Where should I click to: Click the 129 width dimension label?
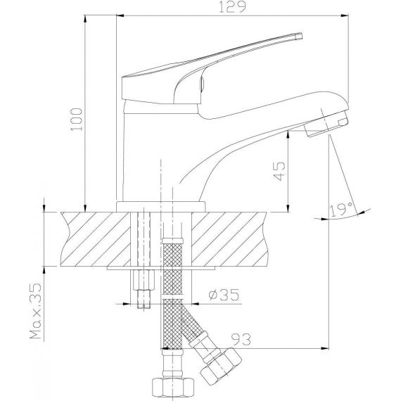(232, 7)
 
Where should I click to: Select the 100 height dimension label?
(77, 120)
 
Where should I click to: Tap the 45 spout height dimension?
(279, 171)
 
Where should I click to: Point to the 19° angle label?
(342, 210)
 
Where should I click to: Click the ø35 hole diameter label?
(224, 295)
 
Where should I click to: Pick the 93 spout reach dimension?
(241, 339)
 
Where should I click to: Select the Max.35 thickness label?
(36, 311)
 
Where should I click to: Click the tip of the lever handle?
(300, 36)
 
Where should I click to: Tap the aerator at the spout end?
(326, 124)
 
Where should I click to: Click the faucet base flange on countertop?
(160, 207)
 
